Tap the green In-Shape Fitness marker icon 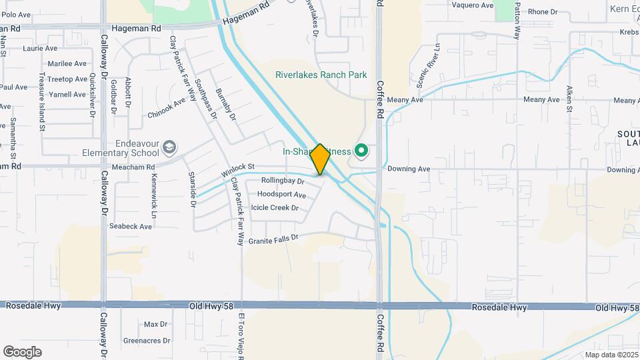coord(361,151)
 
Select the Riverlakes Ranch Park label coord(321,75)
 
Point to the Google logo coord(22,352)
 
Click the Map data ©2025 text coord(611,355)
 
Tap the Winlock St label coord(238,171)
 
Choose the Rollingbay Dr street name coord(283,181)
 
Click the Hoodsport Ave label coord(281,195)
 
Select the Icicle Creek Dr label coord(274,208)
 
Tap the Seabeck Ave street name coord(131,227)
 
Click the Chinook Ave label coord(166,109)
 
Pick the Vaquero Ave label coord(472,5)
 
